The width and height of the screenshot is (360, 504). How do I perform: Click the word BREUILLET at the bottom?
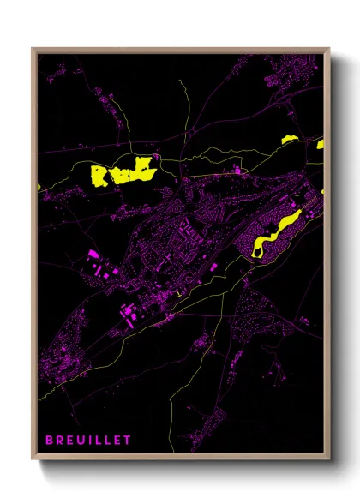click(x=88, y=440)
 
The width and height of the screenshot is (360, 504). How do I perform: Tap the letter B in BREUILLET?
click(x=50, y=440)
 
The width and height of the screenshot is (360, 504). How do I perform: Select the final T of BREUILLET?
click(x=128, y=440)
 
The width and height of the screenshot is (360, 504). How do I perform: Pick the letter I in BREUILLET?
click(x=90, y=440)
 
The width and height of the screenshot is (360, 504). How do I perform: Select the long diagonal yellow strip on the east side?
click(x=279, y=230)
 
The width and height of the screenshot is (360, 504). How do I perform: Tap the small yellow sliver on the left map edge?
click(x=39, y=187)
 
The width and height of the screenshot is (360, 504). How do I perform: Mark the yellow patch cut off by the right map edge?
click(x=321, y=144)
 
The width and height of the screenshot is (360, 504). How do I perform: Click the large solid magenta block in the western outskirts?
click(x=93, y=255)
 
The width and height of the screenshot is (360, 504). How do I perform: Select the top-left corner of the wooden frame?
click(x=33, y=49)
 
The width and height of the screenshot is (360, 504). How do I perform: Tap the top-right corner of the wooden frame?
click(x=329, y=49)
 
